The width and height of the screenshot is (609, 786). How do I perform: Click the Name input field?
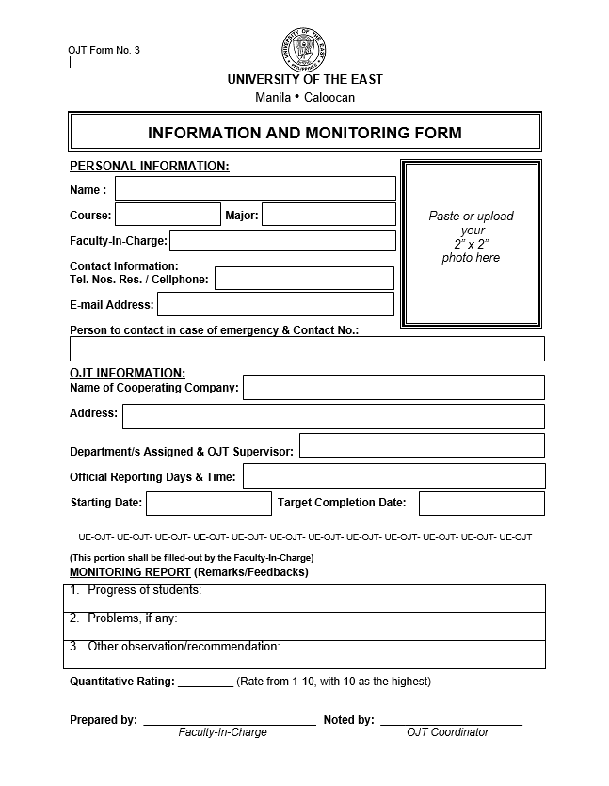click(255, 188)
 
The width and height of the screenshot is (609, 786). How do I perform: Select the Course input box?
click(168, 215)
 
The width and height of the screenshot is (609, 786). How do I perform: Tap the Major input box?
click(329, 215)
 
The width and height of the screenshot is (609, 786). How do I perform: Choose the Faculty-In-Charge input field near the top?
click(282, 240)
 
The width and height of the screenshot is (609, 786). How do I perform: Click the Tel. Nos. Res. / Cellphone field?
click(304, 278)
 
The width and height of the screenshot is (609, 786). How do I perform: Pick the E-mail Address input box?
click(275, 304)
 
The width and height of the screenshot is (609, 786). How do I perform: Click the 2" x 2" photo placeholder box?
click(471, 244)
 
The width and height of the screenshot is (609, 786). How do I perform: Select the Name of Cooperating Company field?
click(393, 387)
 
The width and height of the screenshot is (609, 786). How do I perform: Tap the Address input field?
click(333, 416)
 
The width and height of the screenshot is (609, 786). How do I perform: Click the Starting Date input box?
click(208, 503)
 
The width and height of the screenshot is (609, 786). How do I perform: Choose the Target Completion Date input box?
click(481, 503)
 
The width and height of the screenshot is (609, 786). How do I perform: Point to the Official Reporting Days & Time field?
click(393, 476)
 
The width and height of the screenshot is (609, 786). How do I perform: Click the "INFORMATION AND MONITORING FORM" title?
click(305, 133)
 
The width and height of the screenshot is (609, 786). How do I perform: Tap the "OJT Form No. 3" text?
click(104, 51)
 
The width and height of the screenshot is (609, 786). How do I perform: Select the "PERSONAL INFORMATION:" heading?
click(150, 167)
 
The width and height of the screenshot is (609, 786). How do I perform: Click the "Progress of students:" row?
click(307, 597)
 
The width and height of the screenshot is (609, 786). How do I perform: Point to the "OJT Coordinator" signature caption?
click(447, 732)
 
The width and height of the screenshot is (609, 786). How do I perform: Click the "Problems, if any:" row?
click(307, 625)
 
